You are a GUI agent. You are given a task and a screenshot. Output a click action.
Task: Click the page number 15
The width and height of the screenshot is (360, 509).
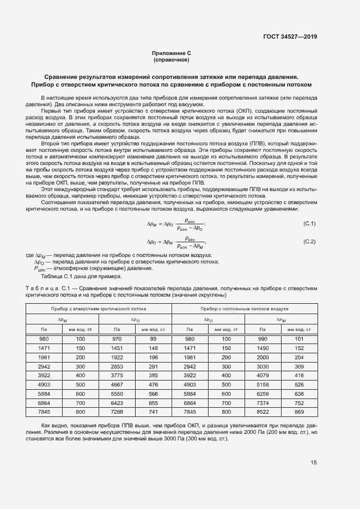tap(313, 463)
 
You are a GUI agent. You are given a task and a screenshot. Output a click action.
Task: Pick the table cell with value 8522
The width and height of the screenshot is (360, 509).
tap(263, 413)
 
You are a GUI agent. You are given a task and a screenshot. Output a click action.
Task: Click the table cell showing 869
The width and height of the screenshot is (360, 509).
tap(299, 413)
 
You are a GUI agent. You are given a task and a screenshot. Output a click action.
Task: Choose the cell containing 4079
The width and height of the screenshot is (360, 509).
tap(263, 376)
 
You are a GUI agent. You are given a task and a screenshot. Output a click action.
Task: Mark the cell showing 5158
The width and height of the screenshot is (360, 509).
tap(263, 385)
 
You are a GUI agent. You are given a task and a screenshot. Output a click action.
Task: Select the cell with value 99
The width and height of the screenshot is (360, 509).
tap(153, 339)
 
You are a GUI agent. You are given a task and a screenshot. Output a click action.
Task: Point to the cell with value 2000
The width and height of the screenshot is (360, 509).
tap(263, 357)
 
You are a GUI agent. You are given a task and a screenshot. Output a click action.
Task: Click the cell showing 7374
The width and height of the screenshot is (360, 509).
tap(263, 403)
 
